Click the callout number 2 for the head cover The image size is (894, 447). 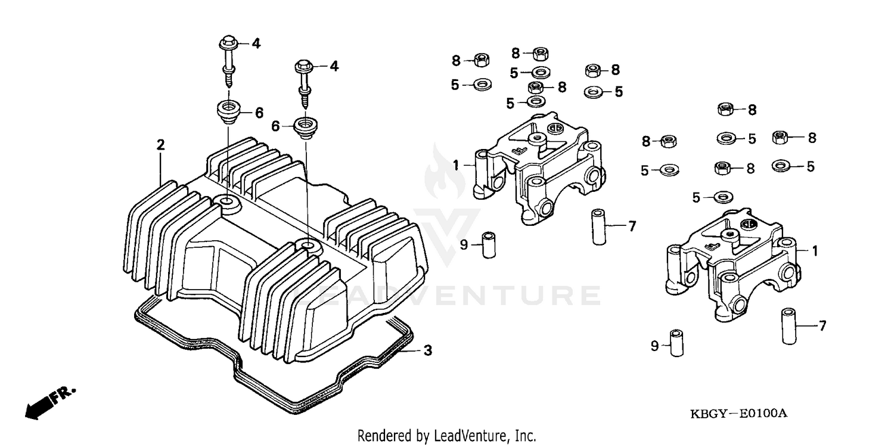coord(160,145)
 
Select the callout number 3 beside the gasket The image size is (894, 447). coord(427,350)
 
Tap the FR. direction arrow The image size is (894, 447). coord(50,401)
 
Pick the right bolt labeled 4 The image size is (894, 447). coord(305,81)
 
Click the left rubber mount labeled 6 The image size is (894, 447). coord(229,111)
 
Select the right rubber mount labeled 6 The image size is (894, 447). coord(306,128)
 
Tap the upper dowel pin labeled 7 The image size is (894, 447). coord(599,226)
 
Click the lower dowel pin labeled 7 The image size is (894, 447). coord(790,325)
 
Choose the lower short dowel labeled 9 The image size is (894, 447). coord(676,342)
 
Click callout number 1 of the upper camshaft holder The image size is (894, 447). coord(456,165)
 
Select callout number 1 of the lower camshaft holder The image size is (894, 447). coord(814,252)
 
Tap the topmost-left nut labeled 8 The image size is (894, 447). coord(482,60)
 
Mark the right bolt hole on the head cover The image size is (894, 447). coord(307,245)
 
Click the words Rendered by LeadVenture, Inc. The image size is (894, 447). coord(446,436)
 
